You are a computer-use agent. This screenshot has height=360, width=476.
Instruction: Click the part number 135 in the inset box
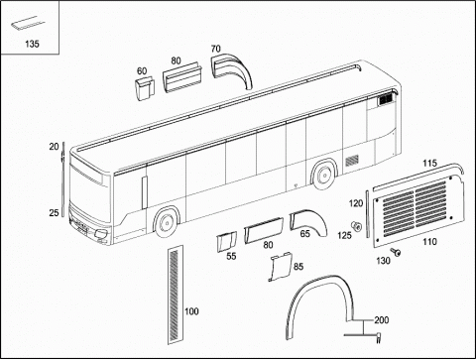[x=32, y=44]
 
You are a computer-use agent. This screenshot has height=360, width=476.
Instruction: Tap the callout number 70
[x=215, y=49]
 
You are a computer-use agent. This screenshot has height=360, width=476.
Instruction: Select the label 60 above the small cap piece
[x=142, y=71]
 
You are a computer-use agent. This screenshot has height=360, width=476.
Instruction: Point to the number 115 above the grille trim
[x=429, y=163]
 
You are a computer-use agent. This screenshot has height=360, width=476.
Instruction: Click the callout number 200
[x=382, y=320]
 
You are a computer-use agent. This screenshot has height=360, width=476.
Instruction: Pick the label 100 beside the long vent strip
[x=191, y=311]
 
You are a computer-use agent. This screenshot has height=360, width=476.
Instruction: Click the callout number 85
[x=298, y=267]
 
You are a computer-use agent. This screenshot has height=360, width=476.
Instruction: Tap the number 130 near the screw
[x=383, y=261]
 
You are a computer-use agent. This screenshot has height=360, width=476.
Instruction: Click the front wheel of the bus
[x=167, y=222]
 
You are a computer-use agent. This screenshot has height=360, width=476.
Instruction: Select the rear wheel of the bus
[x=324, y=175]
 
